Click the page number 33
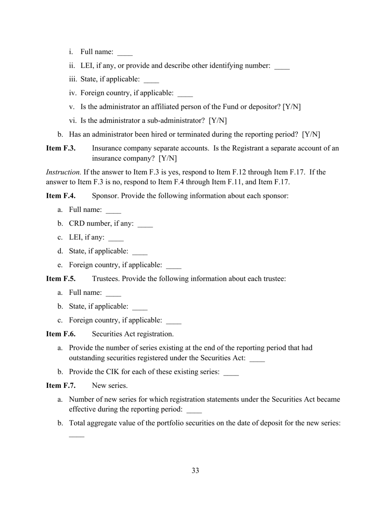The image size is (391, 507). (195, 471)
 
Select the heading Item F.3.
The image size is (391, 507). (61, 148)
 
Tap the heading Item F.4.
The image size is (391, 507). (61, 196)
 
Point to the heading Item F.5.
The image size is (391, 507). (61, 279)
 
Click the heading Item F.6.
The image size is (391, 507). (61, 334)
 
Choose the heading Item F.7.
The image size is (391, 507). (61, 385)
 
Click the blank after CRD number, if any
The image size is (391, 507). (145, 225)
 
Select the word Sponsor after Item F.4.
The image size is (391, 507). (105, 196)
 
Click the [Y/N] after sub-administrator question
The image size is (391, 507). (218, 121)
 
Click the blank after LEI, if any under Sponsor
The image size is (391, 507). (116, 239)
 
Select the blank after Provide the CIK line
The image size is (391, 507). (231, 373)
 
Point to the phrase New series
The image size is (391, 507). (109, 385)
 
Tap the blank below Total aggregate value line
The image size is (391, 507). (77, 436)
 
